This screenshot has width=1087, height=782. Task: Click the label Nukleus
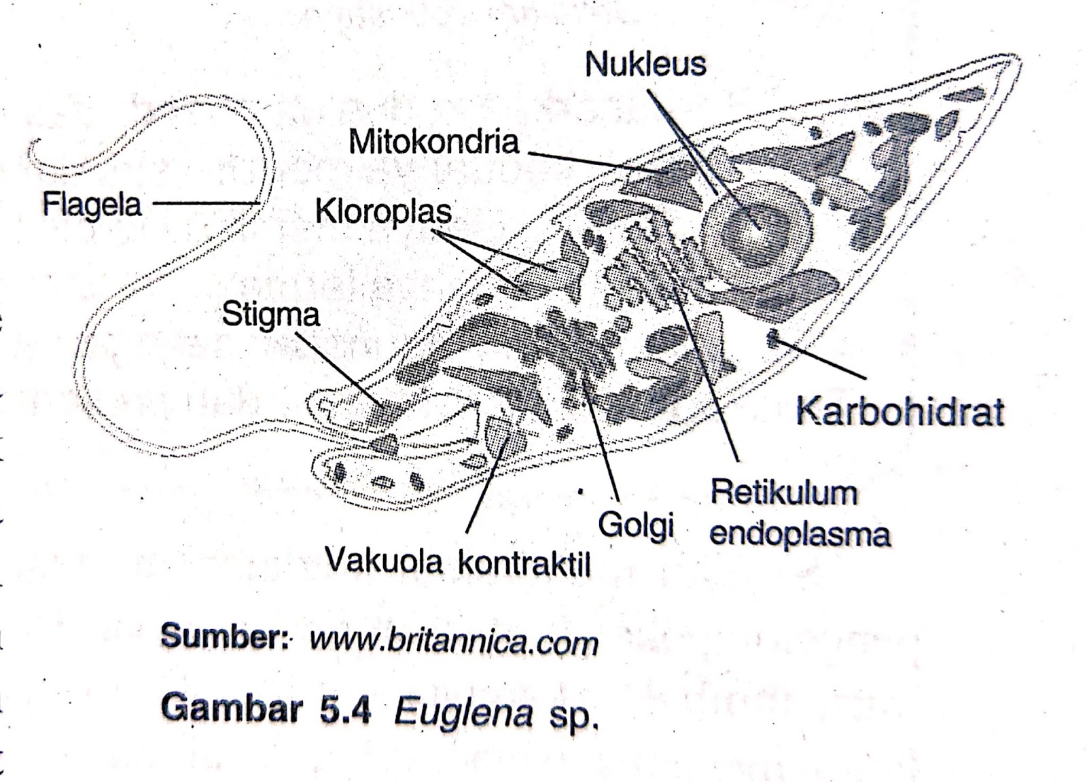pyautogui.click(x=645, y=64)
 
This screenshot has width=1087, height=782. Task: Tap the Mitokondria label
pyautogui.click(x=433, y=142)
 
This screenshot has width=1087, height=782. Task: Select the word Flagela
pyautogui.click(x=92, y=204)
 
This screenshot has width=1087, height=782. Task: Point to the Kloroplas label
pyautogui.click(x=383, y=211)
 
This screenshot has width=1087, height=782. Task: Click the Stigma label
pyautogui.click(x=270, y=315)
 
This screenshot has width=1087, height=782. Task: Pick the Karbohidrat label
pyautogui.click(x=899, y=411)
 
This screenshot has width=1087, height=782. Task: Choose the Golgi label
pyautogui.click(x=636, y=525)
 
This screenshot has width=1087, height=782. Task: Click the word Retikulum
pyautogui.click(x=783, y=493)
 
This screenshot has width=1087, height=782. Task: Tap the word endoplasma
pyautogui.click(x=800, y=534)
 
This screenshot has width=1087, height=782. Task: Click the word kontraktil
pyautogui.click(x=524, y=563)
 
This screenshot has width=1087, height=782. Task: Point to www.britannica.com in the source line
pyautogui.click(x=453, y=641)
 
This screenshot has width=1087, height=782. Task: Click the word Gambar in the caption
pyautogui.click(x=231, y=709)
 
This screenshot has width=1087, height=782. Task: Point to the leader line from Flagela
pyautogui.click(x=204, y=202)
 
